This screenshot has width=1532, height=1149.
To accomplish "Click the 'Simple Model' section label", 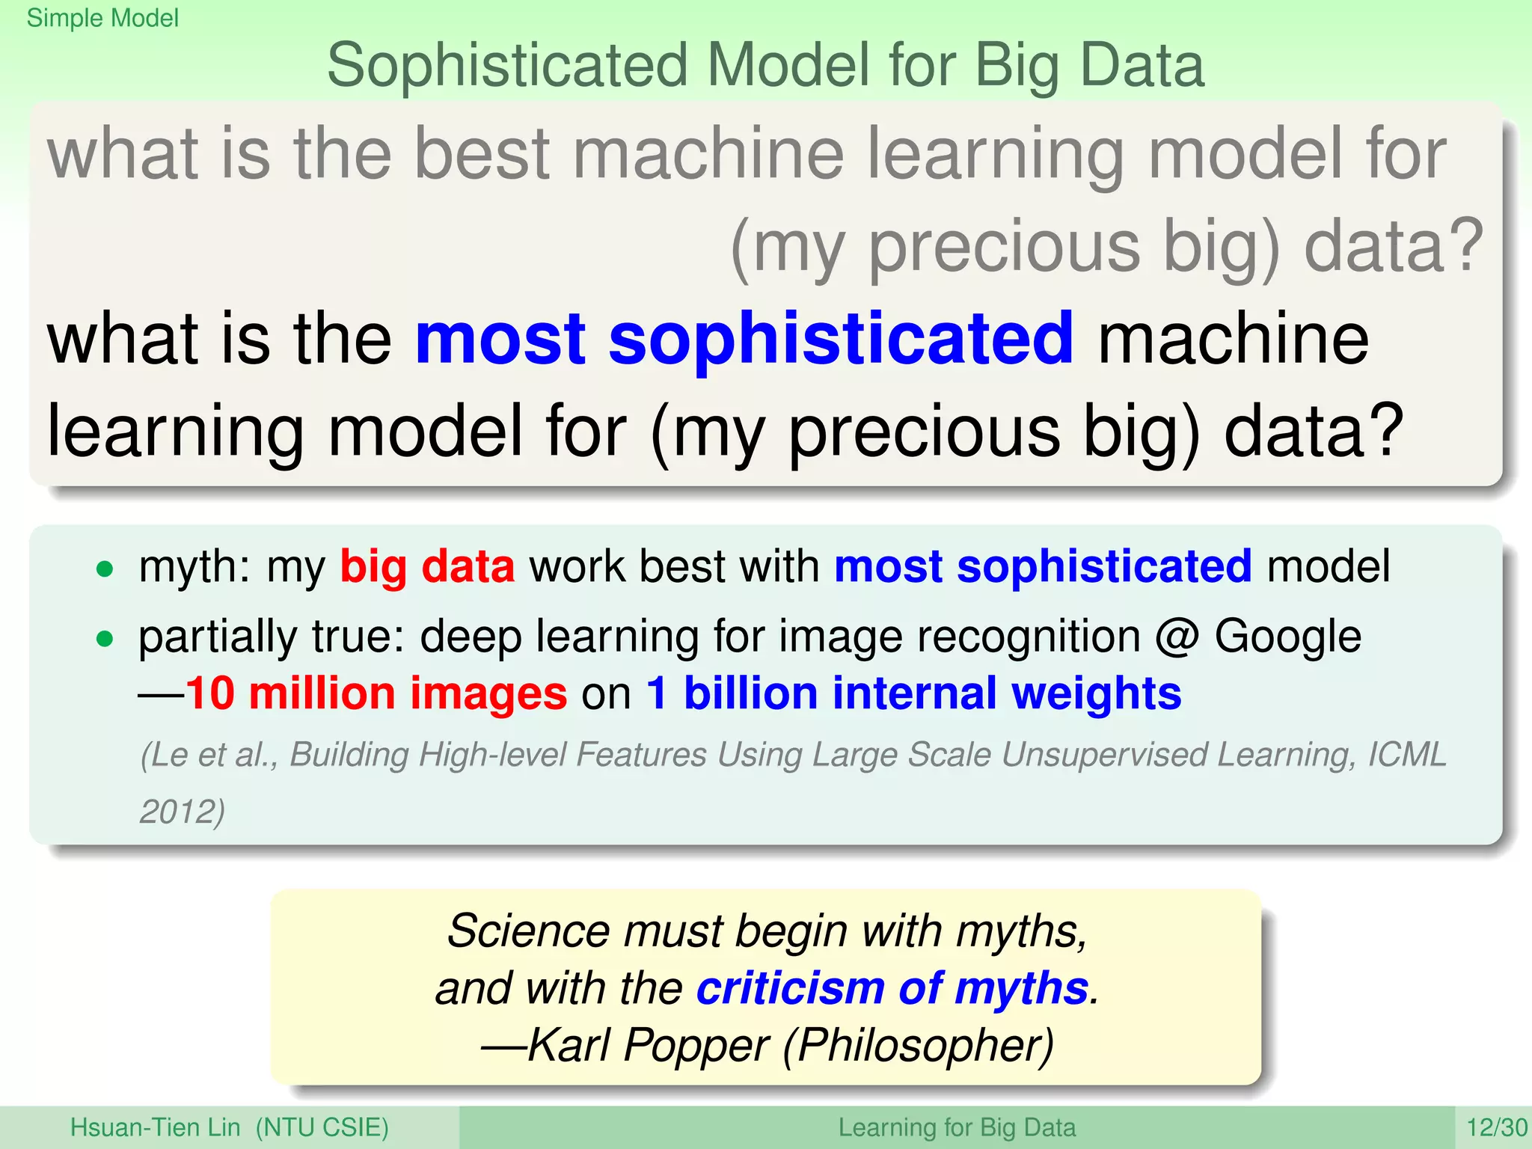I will [102, 18].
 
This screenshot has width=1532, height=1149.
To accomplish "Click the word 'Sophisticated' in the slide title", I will [507, 66].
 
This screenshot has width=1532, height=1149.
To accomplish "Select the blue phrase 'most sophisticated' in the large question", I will [744, 340].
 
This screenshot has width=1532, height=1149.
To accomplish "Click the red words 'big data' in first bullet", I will [427, 566].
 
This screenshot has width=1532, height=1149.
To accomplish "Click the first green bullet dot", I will [105, 569].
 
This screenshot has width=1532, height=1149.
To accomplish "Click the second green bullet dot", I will [105, 639].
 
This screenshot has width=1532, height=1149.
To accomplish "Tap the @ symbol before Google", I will [1177, 637].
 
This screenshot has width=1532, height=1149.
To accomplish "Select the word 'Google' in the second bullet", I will [1287, 637].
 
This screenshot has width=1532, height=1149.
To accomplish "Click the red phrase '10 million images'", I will [376, 693].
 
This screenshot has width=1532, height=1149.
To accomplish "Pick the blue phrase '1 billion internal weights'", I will [913, 693].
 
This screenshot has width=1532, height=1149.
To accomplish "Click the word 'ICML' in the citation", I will [1407, 755].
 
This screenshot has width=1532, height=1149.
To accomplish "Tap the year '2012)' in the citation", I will [182, 812].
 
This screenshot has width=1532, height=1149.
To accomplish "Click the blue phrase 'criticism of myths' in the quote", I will [892, 988].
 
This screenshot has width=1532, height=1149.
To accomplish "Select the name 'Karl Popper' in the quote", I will [648, 1045].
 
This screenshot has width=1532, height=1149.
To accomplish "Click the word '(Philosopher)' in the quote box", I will [919, 1045].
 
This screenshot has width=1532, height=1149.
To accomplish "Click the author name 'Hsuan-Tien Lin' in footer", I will [155, 1127].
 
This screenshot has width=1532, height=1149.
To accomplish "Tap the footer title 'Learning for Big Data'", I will [957, 1127].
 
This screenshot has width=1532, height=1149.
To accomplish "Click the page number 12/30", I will [1497, 1127].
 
